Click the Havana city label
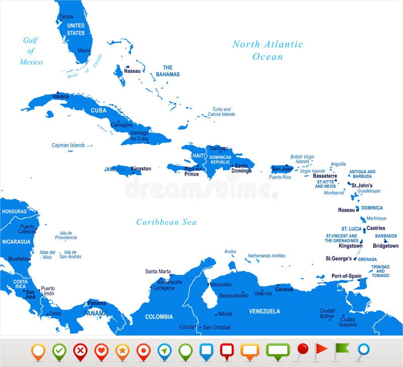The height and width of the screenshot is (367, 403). coord(61,96)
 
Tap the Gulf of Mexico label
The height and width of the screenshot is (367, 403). coord(31,51)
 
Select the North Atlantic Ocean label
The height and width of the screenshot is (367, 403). coord(267,50)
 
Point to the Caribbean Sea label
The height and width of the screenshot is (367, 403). coord(166,222)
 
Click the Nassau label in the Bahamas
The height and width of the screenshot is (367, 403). coord(132,71)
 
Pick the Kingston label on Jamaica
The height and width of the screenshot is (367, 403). coord(141,169)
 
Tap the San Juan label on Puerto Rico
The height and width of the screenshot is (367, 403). coord(282,169)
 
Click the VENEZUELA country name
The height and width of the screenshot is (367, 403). coord(264,311)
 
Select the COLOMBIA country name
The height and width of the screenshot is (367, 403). coord(159,317)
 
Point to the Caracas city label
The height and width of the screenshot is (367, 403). coord(284,289)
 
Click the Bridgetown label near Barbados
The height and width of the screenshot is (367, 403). coord(385,246)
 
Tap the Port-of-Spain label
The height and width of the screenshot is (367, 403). coord(346,276)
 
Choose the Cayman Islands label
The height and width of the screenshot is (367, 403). coord(68,145)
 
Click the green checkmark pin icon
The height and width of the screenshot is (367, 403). coord(59,350)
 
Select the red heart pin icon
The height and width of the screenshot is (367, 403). coord(101,350)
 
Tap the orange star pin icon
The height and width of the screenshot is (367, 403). coord(122,350)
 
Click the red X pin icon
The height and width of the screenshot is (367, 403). coord(80,350)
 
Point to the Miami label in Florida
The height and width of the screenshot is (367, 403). coord(84,51)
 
